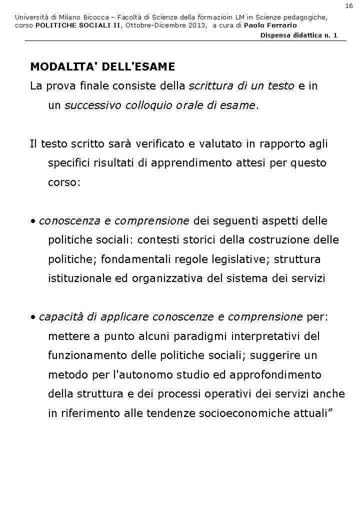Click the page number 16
[348, 5]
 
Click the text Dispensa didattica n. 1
[299, 35]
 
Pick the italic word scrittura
[207, 86]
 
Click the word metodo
[65, 374]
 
